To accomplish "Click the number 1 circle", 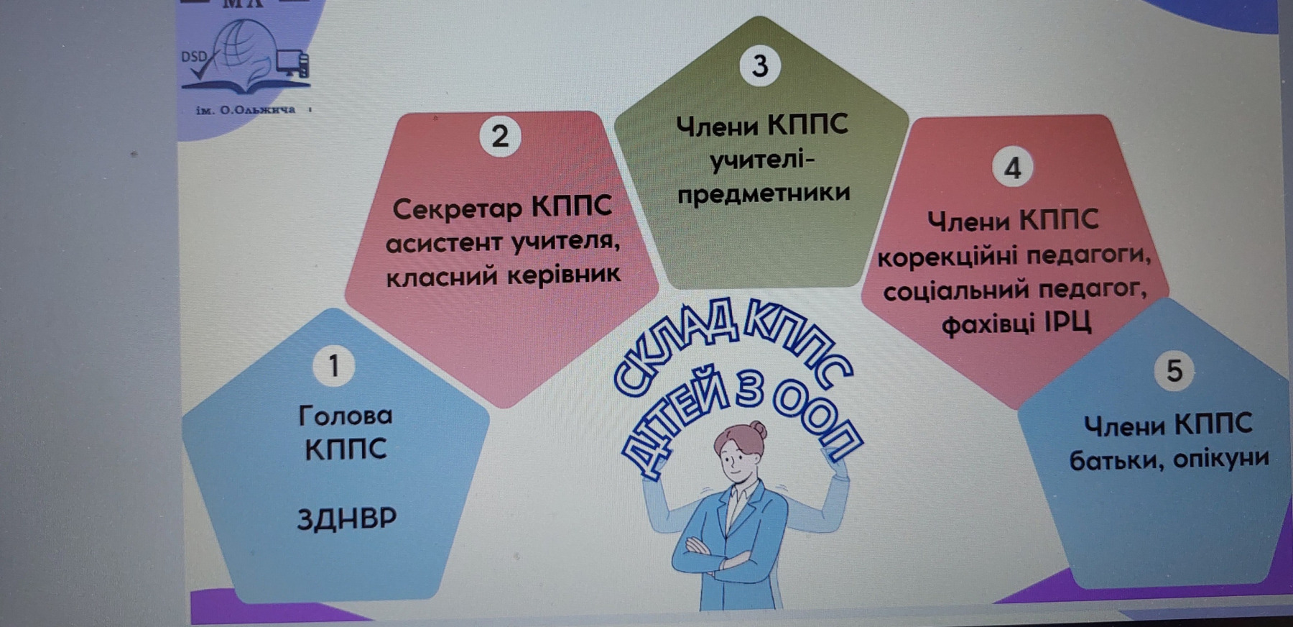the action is [x=334, y=365].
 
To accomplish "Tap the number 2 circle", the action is [x=500, y=136].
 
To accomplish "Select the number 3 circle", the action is [x=760, y=65].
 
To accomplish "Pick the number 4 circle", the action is [x=1013, y=168].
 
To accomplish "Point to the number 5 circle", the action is [x=1174, y=370].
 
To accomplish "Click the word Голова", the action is [x=346, y=415].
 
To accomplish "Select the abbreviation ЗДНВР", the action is [x=347, y=518].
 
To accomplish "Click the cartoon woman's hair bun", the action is [x=758, y=430].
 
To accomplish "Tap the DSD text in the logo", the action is [x=193, y=56].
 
